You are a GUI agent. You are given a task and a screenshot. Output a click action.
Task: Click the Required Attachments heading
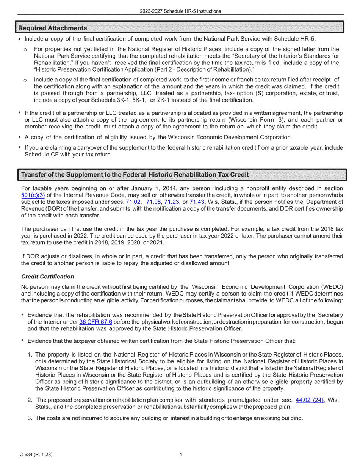52,28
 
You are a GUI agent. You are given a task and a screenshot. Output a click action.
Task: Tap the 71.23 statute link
171,202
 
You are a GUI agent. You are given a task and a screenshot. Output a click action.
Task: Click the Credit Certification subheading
47,277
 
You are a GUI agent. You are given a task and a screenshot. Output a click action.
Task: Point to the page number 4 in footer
180,455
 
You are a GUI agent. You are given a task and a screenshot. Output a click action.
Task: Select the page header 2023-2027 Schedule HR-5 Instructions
180,11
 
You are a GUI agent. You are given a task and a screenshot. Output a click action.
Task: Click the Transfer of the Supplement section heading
135,175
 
